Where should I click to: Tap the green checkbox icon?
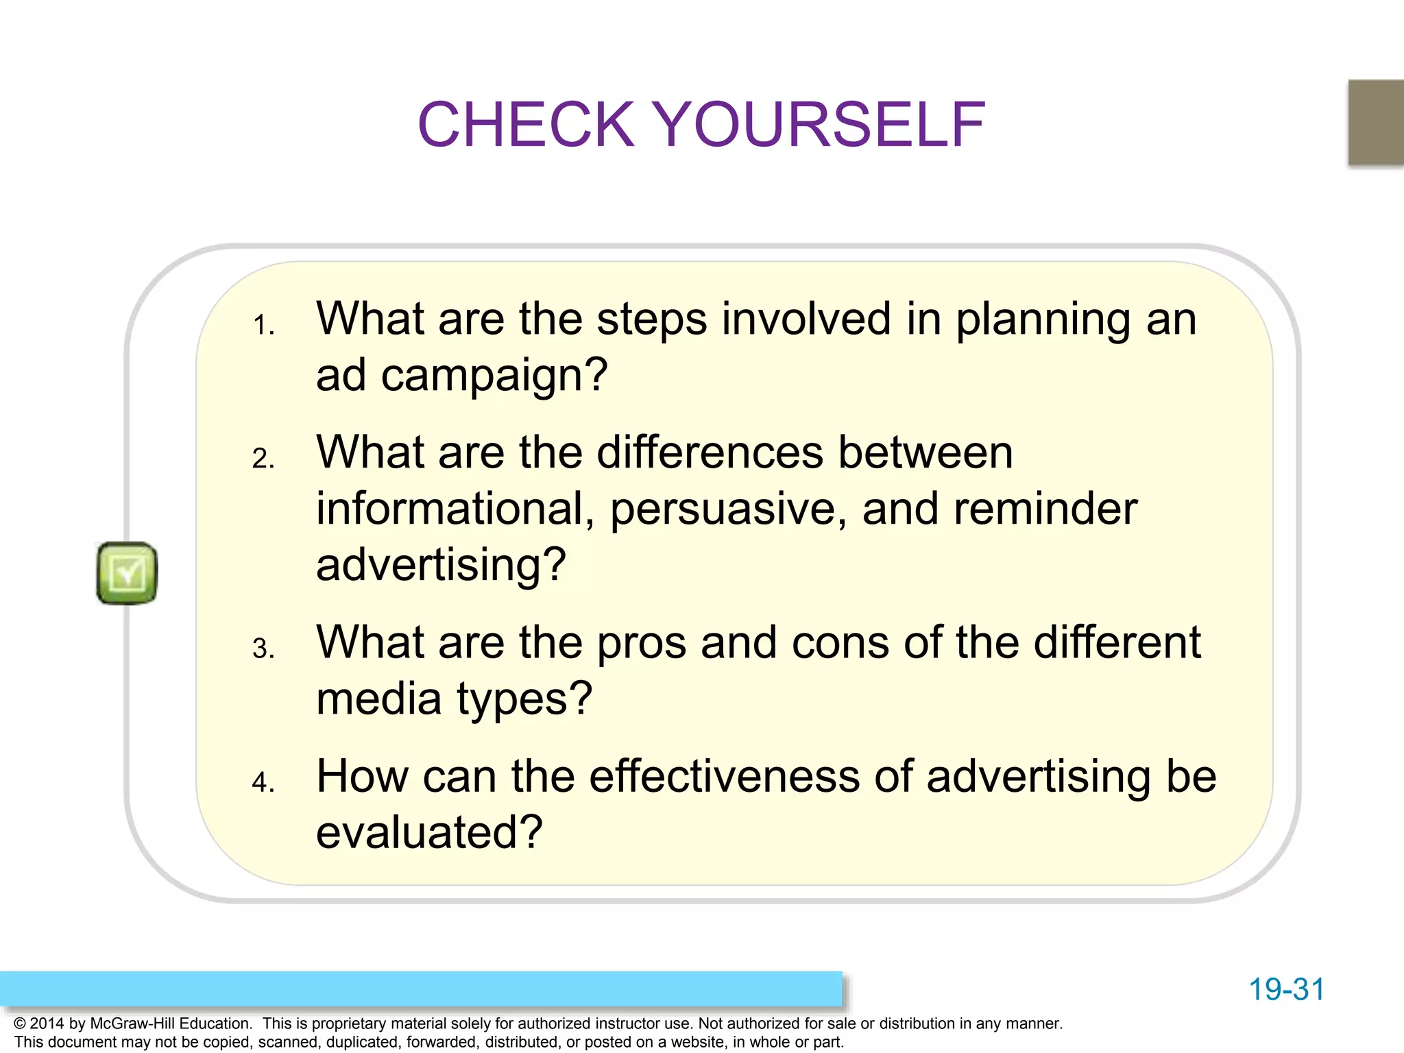point(127,573)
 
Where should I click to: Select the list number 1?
point(263,325)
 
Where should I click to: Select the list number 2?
point(263,459)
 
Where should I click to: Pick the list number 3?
point(263,649)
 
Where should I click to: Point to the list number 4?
point(263,782)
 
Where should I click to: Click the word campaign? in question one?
point(494,376)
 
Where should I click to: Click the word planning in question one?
point(1042,321)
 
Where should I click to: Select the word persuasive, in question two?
point(728,510)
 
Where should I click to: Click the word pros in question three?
point(642,644)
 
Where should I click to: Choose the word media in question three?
point(378,699)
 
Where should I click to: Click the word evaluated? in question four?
point(429,832)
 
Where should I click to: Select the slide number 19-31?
point(1286,989)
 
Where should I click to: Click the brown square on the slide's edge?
point(1375,122)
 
